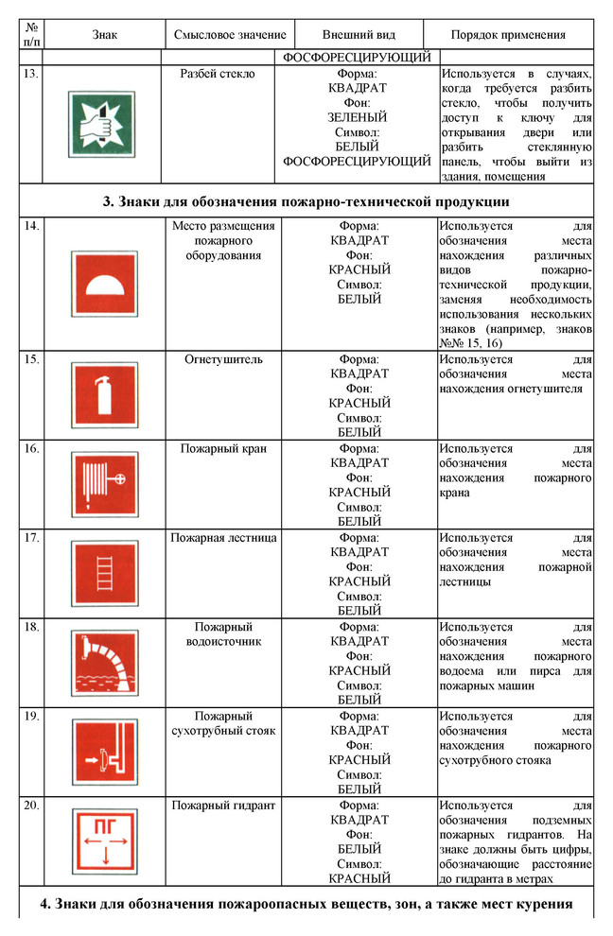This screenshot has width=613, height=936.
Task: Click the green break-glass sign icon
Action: [x=105, y=124]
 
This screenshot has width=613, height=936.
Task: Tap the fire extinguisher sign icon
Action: [x=105, y=395]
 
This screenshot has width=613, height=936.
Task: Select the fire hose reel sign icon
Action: [x=105, y=483]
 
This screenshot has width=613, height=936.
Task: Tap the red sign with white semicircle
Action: [x=105, y=283]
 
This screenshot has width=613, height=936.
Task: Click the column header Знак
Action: [x=105, y=34]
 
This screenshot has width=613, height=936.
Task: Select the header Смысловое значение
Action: [x=223, y=34]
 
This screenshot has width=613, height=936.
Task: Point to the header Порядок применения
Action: [x=508, y=34]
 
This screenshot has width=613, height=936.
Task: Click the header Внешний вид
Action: [x=359, y=34]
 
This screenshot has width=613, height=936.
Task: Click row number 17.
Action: [x=31, y=538]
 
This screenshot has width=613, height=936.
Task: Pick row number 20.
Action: [x=31, y=806]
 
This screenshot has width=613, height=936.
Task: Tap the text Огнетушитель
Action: [x=223, y=359]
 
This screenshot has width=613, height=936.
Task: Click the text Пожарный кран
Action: [x=223, y=448]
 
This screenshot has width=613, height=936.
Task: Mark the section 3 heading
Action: [x=306, y=201]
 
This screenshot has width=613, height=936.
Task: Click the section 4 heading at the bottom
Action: [x=306, y=905]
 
